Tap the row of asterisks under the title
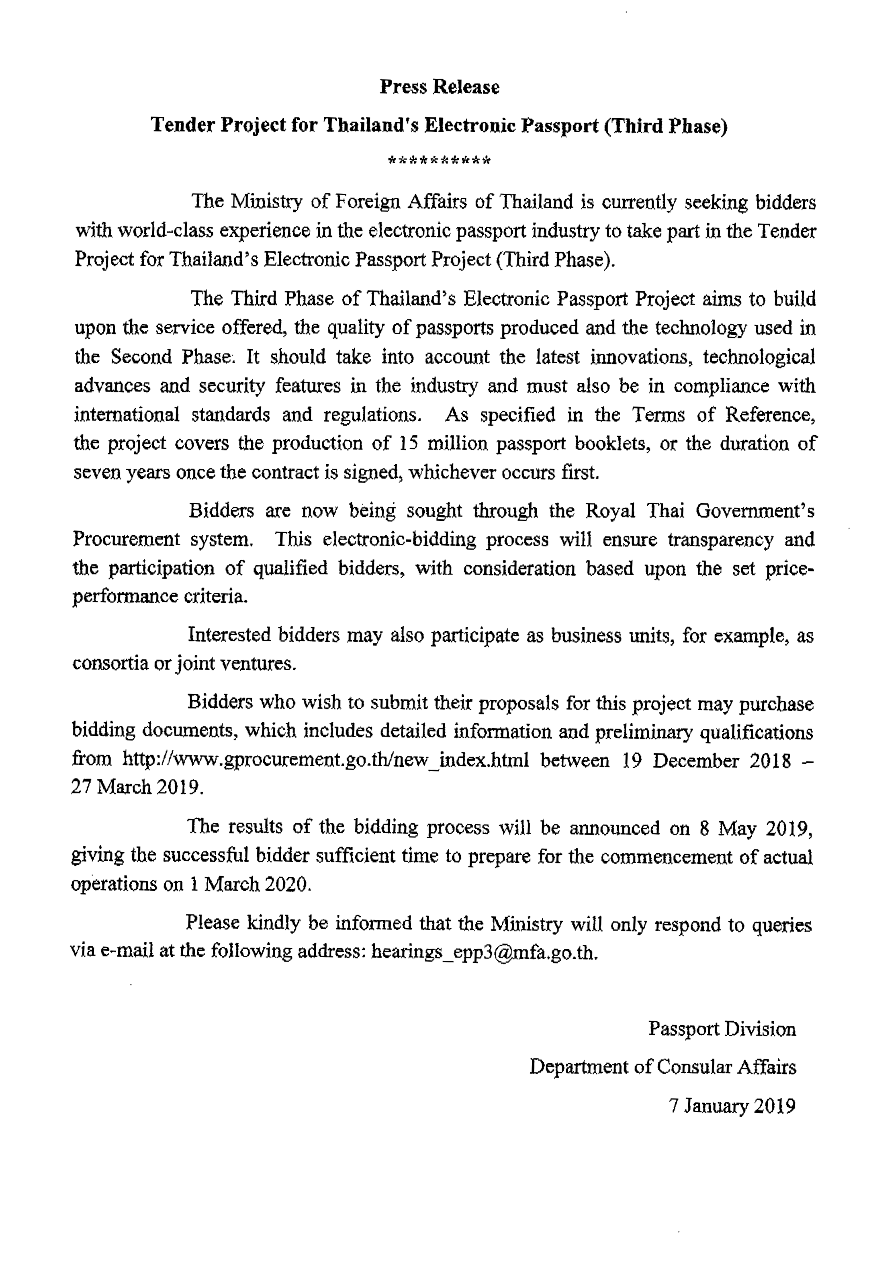click(439, 161)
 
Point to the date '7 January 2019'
click(732, 1105)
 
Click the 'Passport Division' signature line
click(722, 1028)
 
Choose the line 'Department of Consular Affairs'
click(662, 1066)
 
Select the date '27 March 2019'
click(137, 788)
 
